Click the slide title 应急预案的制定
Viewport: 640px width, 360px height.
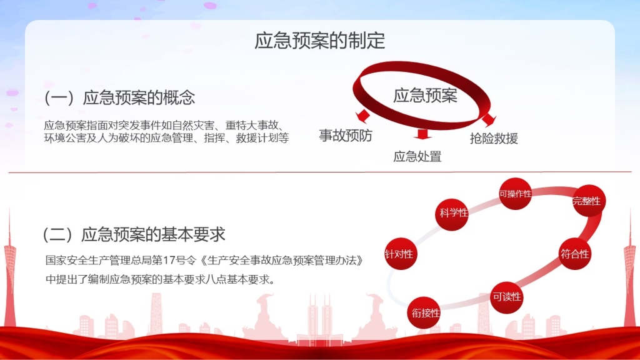tap(319, 41)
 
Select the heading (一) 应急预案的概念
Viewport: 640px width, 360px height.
tap(119, 97)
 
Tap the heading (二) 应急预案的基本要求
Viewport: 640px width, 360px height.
tap(134, 234)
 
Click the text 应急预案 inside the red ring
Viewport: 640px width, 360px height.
tap(425, 96)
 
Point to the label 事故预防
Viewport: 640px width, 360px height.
tap(345, 136)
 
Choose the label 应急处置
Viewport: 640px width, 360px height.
tap(417, 156)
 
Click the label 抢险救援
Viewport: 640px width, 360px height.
tap(494, 139)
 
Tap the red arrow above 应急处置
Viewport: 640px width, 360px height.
tap(422, 134)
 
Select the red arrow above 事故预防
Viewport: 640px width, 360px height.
tap(363, 116)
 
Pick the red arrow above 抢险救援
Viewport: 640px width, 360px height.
tap(489, 120)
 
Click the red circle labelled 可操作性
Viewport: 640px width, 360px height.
tap(516, 194)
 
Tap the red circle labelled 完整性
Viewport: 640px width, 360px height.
tap(589, 201)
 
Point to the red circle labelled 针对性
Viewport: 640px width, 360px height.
tap(401, 254)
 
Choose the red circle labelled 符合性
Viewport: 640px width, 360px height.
tap(575, 254)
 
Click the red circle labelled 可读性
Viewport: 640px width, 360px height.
tap(506, 297)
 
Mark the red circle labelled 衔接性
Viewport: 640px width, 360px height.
tap(424, 312)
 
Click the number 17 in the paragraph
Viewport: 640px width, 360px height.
tap(169, 260)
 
